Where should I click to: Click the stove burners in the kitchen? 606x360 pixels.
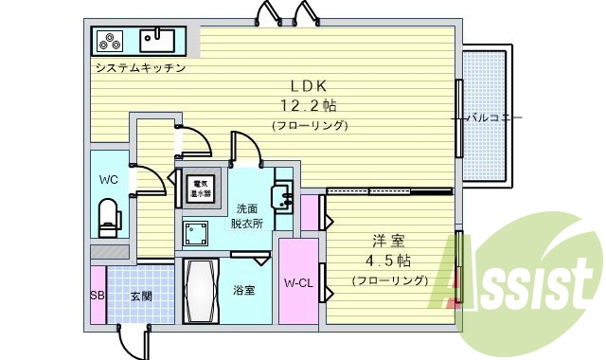pyautogui.click(x=109, y=41)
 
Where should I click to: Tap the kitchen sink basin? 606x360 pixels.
pyautogui.click(x=156, y=40)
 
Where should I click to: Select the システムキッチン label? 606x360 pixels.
pyautogui.click(x=138, y=68)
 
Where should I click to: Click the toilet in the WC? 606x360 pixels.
pyautogui.click(x=107, y=217)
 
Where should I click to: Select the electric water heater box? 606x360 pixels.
pyautogui.click(x=199, y=189)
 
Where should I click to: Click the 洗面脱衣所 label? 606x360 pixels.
pyautogui.click(x=247, y=216)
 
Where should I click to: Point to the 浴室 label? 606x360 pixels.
pyautogui.click(x=243, y=290)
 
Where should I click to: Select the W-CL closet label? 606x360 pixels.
pyautogui.click(x=298, y=282)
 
